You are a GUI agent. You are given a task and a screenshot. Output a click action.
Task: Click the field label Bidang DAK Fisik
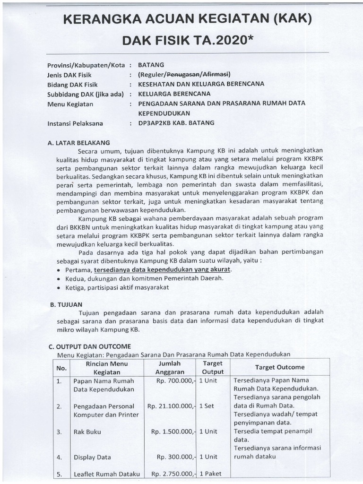pyautogui.click(x=73, y=84)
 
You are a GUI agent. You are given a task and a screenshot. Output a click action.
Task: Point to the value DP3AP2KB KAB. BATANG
pyautogui.click(x=176, y=123)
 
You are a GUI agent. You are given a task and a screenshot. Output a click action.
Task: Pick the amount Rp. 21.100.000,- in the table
pyautogui.click(x=171, y=406)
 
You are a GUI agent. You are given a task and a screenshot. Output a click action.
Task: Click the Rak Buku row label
pyautogui.click(x=87, y=432)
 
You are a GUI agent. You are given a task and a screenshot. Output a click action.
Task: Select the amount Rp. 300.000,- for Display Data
pyautogui.click(x=175, y=457)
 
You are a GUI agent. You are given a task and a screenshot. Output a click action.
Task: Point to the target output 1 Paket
pyautogui.click(x=210, y=474)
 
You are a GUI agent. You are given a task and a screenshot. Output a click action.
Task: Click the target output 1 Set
pyautogui.click(x=207, y=406)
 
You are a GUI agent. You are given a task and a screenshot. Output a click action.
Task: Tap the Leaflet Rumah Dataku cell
pyautogui.click(x=106, y=474)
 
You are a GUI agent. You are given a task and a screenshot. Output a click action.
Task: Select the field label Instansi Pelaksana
pyautogui.click(x=76, y=123)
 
